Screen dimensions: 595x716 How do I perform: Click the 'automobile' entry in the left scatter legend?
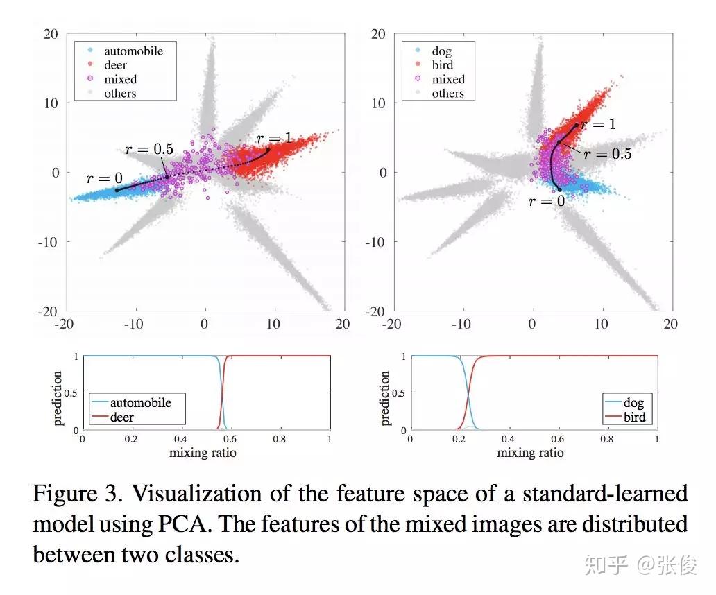[x=133, y=51]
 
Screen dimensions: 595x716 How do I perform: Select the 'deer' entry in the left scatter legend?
[x=116, y=65]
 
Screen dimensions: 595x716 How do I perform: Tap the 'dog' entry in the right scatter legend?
[x=442, y=51]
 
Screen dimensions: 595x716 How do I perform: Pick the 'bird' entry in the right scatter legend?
[x=442, y=65]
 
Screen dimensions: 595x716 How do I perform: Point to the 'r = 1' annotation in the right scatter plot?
[x=598, y=125]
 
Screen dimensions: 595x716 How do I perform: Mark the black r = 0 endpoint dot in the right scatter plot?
[x=560, y=189]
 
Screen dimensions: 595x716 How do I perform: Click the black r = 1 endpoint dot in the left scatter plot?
[x=268, y=149]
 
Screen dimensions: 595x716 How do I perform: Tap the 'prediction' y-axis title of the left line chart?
[x=58, y=399]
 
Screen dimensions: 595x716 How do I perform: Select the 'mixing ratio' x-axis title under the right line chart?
[x=531, y=453]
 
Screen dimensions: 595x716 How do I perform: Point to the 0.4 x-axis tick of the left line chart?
[x=181, y=439]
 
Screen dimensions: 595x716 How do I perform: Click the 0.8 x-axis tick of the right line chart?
[x=607, y=439]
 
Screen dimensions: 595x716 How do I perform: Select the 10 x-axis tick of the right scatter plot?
[x=601, y=324]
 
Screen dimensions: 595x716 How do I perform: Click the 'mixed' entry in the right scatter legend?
[x=448, y=79]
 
